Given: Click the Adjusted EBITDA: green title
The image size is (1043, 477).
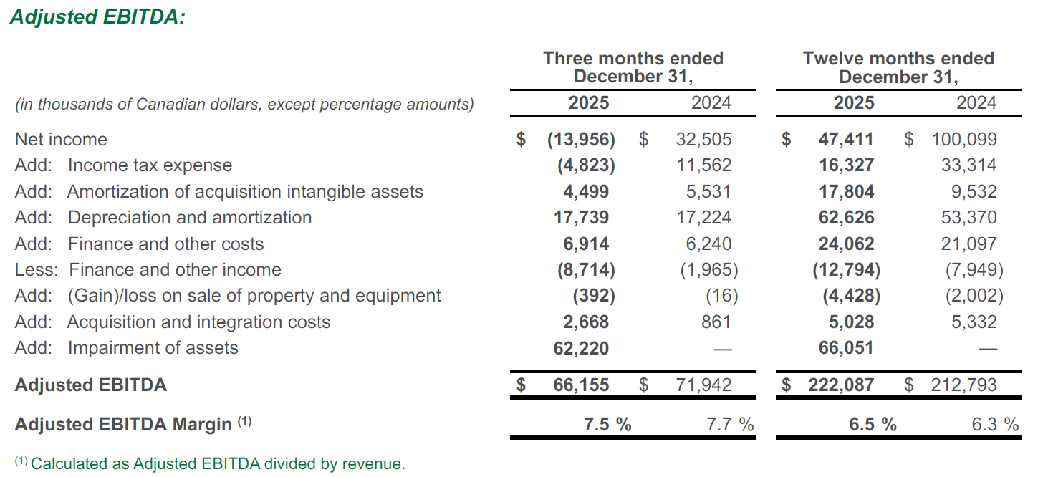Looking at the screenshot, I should pyautogui.click(x=97, y=17).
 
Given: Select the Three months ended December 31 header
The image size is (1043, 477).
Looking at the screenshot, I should pyautogui.click(x=633, y=67).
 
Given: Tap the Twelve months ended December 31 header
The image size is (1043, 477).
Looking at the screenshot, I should pyautogui.click(x=898, y=67).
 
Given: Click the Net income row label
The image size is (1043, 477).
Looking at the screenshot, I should pyautogui.click(x=61, y=140).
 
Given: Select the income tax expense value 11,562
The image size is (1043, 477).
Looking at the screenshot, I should pyautogui.click(x=703, y=165).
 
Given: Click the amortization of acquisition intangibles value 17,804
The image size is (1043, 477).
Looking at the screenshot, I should pyautogui.click(x=846, y=192).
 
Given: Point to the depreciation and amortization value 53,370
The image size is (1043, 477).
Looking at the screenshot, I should pyautogui.click(x=968, y=218).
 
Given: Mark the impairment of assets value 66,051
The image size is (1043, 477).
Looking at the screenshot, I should pyautogui.click(x=846, y=348).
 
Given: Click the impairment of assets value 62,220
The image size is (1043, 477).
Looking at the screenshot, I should pyautogui.click(x=581, y=348).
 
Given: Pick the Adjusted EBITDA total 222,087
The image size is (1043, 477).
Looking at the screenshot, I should pyautogui.click(x=841, y=385).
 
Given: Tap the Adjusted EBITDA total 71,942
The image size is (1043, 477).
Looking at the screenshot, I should pyautogui.click(x=703, y=385).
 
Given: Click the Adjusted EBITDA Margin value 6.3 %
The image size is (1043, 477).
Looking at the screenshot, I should pyautogui.click(x=994, y=425).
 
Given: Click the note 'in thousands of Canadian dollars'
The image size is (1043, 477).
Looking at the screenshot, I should pyautogui.click(x=244, y=105).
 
